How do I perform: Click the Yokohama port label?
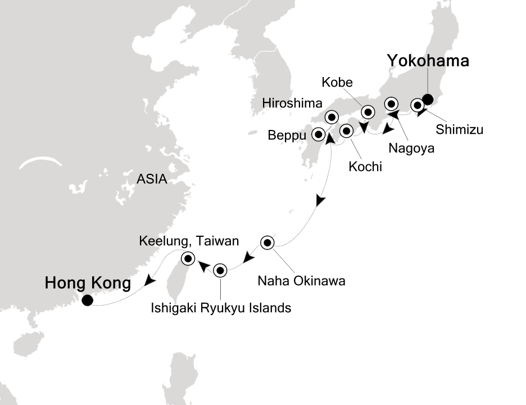[427, 61]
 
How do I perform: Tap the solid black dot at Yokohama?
[428, 100]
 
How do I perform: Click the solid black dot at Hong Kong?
[87, 300]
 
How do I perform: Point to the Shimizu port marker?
[418, 105]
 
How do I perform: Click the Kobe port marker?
[368, 111]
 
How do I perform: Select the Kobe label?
[337, 82]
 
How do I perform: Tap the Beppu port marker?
[319, 134]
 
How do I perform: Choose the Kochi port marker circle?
[346, 131]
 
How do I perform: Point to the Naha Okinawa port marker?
[267, 243]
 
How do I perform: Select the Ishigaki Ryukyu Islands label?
[220, 307]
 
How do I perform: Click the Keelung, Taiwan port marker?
[188, 259]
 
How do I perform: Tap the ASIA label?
[152, 179]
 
